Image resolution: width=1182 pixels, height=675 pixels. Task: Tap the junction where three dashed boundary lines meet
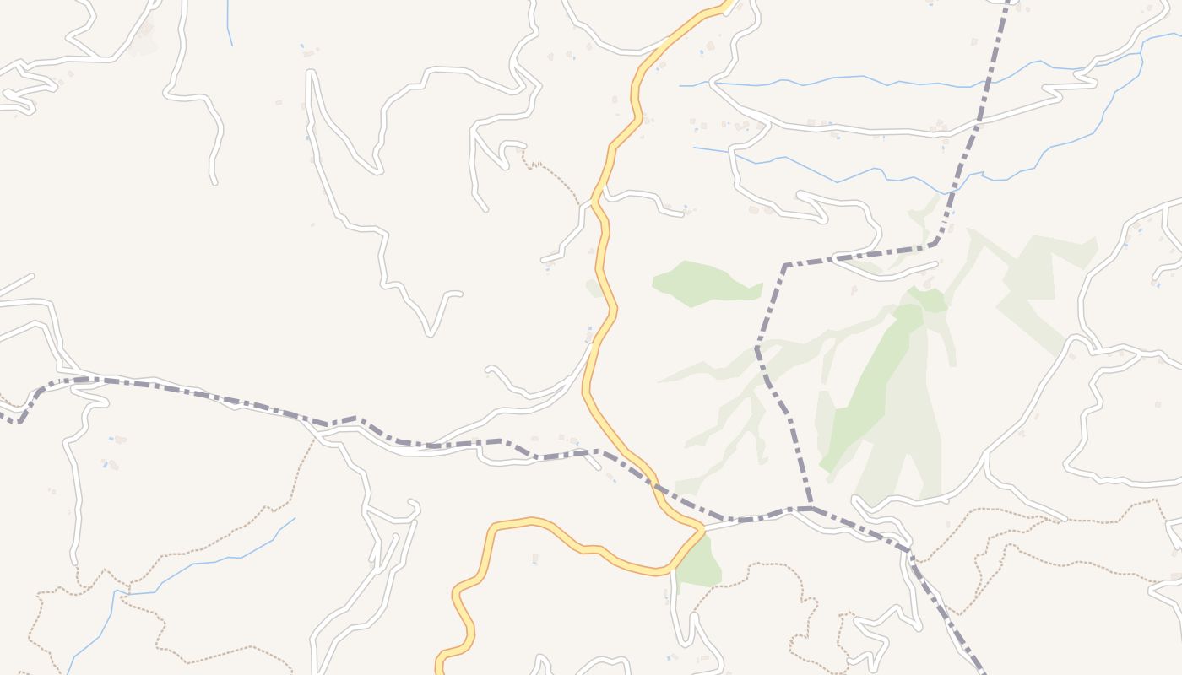[811, 508]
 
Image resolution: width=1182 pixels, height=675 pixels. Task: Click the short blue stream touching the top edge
[229, 21]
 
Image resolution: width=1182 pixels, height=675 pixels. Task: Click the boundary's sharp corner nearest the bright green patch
[785, 266]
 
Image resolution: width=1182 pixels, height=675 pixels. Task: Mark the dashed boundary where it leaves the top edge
[1009, 3]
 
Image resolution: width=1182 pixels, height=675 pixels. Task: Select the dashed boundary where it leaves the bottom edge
[982, 671]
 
